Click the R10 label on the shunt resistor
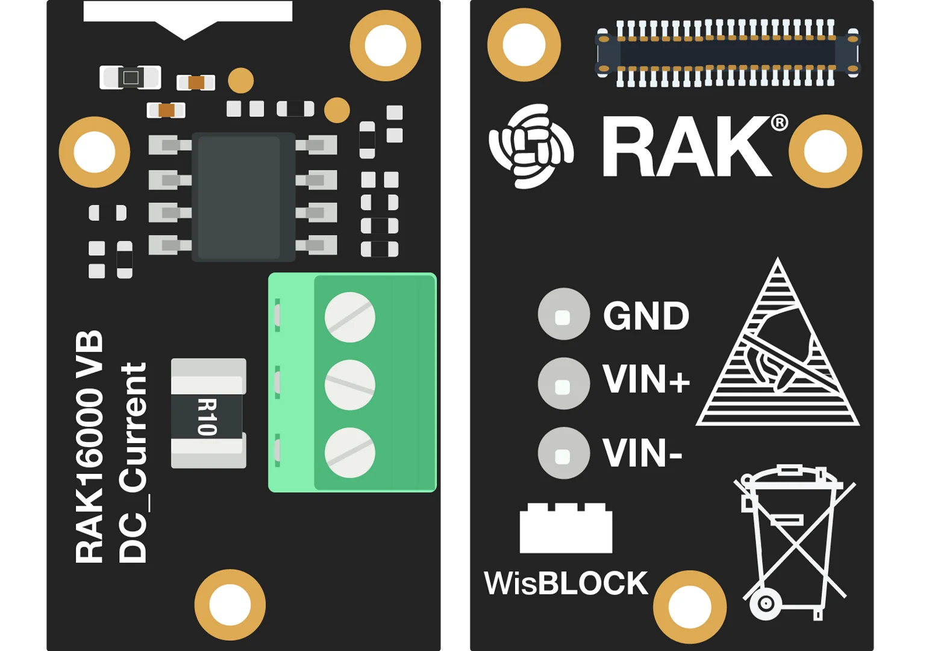[207, 417]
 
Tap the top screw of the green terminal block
[350, 317]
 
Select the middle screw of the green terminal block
[350, 385]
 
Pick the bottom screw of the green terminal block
[350, 453]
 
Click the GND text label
[646, 316]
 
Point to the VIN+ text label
[646, 380]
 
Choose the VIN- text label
[642, 453]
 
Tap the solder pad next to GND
[563, 314]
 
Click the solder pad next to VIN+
[563, 384]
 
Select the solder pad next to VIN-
[563, 453]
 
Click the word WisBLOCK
[566, 583]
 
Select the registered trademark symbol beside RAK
[780, 123]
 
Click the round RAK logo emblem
[531, 146]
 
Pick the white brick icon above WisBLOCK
[566, 528]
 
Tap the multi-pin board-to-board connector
[727, 53]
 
